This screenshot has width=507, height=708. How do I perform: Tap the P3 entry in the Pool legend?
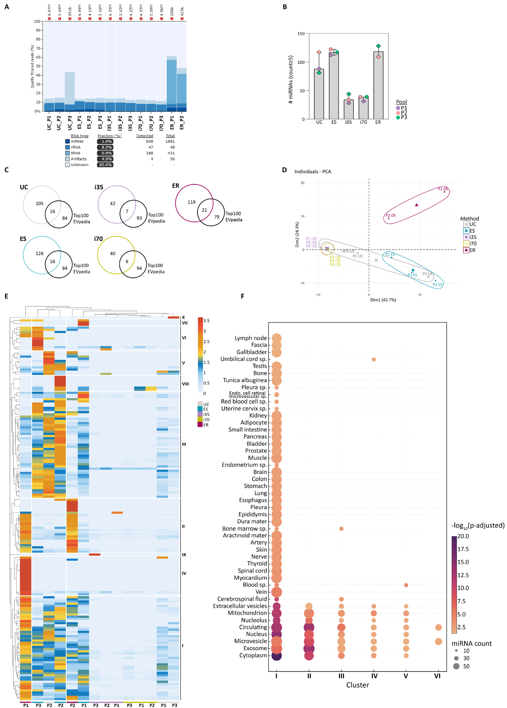(x=404, y=117)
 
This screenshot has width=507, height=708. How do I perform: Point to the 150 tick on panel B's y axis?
(x=301, y=34)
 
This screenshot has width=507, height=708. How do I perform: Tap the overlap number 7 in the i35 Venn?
(x=127, y=211)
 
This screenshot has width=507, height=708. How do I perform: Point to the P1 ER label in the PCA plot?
(x=442, y=189)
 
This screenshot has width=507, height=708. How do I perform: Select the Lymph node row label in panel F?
(x=251, y=338)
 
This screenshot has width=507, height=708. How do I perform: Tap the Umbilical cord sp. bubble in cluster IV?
(x=374, y=359)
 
